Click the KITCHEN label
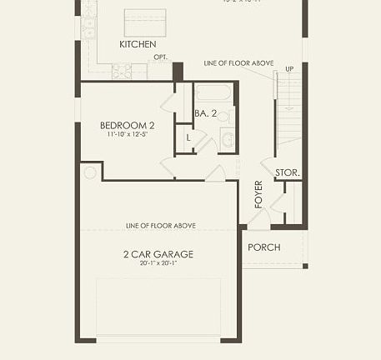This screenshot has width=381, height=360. [138, 44]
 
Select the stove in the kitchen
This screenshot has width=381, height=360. [122, 71]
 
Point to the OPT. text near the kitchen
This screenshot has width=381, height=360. [160, 57]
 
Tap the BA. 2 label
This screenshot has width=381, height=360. [206, 113]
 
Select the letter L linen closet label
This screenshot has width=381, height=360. [188, 137]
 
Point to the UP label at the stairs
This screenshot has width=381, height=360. [289, 68]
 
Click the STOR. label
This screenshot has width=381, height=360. [288, 173]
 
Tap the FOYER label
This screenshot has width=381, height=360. [258, 194]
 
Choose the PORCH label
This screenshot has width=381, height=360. [264, 247]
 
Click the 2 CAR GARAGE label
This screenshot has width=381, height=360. [158, 254]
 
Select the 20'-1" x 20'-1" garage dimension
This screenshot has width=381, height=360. [158, 264]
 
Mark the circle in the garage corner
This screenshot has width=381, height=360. [89, 173]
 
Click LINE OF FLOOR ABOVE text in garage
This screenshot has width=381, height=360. [161, 226]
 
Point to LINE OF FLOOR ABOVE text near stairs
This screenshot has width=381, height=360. [238, 63]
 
